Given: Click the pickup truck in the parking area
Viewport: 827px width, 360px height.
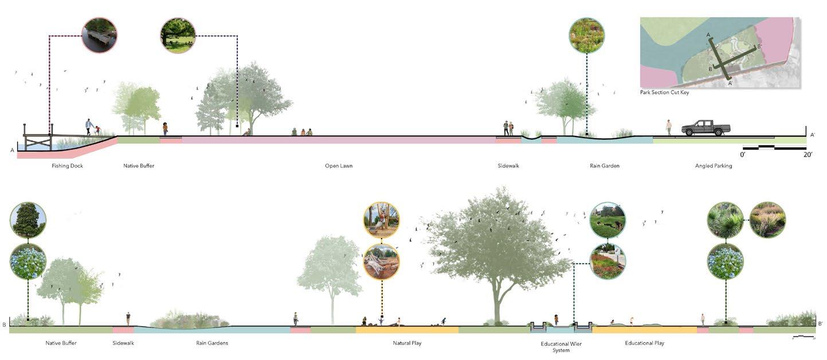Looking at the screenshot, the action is (x=706, y=128).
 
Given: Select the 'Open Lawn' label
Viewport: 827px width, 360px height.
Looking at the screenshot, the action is (x=339, y=166).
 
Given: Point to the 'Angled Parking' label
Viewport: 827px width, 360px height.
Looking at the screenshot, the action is (x=714, y=166).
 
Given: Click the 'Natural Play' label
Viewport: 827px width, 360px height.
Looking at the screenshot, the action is (x=410, y=343).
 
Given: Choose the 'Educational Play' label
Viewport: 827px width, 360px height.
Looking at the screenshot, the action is (x=645, y=343).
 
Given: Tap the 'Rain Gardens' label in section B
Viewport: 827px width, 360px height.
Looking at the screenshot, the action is (x=212, y=343).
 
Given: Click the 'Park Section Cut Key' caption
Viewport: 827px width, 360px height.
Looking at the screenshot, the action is (x=665, y=92).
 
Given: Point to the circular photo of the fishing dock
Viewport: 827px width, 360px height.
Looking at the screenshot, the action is (x=99, y=35).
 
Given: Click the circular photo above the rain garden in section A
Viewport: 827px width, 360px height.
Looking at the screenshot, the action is (x=586, y=36).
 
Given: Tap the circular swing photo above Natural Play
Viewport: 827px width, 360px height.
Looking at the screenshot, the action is (x=381, y=220).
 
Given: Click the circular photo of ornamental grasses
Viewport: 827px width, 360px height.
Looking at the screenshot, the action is (x=767, y=220).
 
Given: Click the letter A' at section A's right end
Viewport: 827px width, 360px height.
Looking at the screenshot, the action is (x=812, y=135).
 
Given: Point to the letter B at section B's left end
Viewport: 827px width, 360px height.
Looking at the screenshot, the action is (x=5, y=325).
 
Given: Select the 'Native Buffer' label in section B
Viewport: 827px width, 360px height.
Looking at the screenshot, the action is (x=61, y=343).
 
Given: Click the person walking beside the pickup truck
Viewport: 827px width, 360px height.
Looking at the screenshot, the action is (x=668, y=127).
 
